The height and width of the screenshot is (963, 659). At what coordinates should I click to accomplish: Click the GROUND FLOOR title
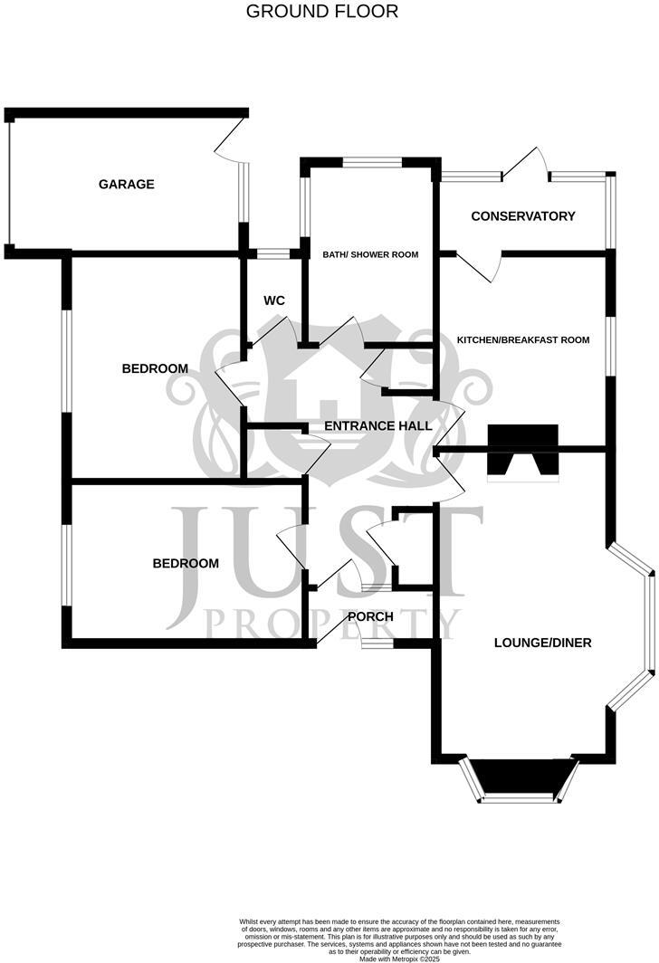322,12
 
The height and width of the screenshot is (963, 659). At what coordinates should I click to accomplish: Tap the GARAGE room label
127,185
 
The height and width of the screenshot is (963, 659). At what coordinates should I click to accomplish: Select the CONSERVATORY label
523,216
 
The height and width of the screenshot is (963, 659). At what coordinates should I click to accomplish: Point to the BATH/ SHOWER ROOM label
370,255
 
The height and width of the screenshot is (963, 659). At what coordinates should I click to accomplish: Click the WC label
274,300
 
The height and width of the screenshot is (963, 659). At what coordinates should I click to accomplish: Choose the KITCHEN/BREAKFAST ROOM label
523,340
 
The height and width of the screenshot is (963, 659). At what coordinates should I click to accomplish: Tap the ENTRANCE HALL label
377,425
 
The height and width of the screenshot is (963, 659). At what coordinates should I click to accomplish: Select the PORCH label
371,617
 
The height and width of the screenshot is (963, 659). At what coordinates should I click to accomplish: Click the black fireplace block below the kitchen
523,450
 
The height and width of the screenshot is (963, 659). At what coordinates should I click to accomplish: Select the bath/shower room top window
372,163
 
